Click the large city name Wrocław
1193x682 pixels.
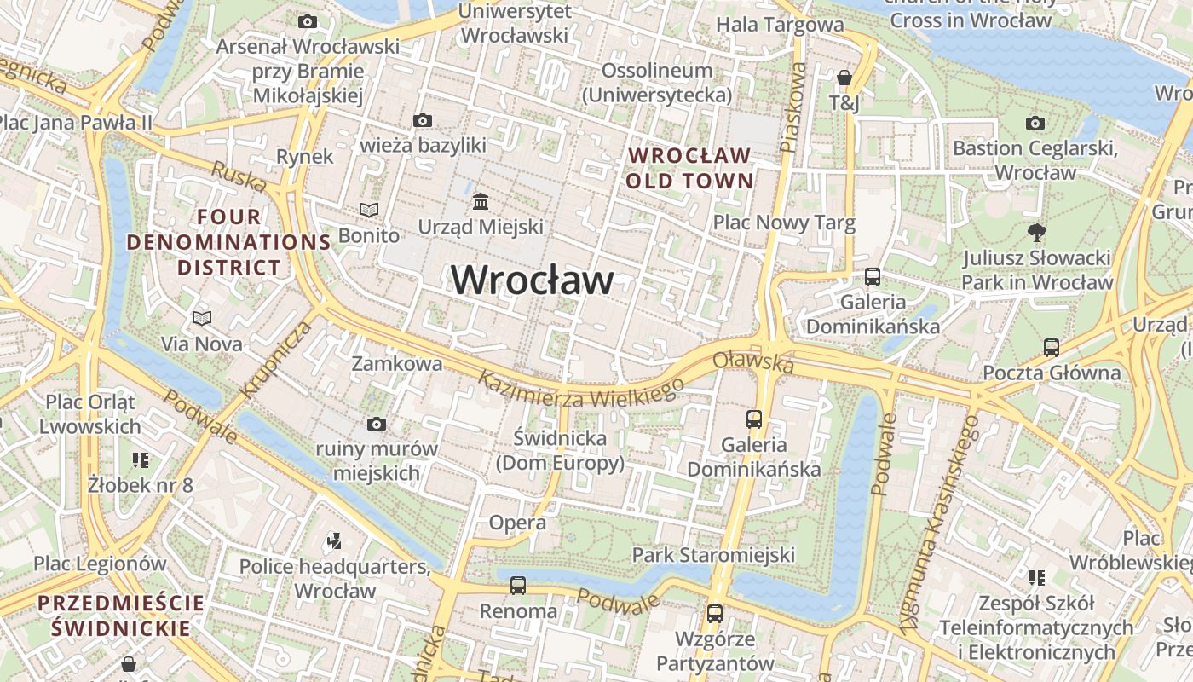(532, 280)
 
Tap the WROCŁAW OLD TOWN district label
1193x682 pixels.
(690, 168)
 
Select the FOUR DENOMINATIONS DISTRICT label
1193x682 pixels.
(229, 242)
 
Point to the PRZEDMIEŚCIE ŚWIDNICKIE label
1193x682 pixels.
(121, 616)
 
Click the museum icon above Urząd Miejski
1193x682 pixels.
(481, 202)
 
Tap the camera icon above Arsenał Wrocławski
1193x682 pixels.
(308, 21)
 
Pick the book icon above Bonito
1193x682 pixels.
(368, 210)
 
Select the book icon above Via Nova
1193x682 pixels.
(202, 319)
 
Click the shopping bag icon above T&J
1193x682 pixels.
(844, 78)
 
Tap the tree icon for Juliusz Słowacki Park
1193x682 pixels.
(1037, 232)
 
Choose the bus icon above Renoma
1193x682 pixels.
(518, 586)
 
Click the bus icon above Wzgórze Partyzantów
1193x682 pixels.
(715, 613)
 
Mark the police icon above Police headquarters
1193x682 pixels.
(334, 540)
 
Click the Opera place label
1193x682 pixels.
(517, 523)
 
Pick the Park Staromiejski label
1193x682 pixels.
(713, 555)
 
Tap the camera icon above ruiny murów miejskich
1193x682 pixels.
(376, 424)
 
